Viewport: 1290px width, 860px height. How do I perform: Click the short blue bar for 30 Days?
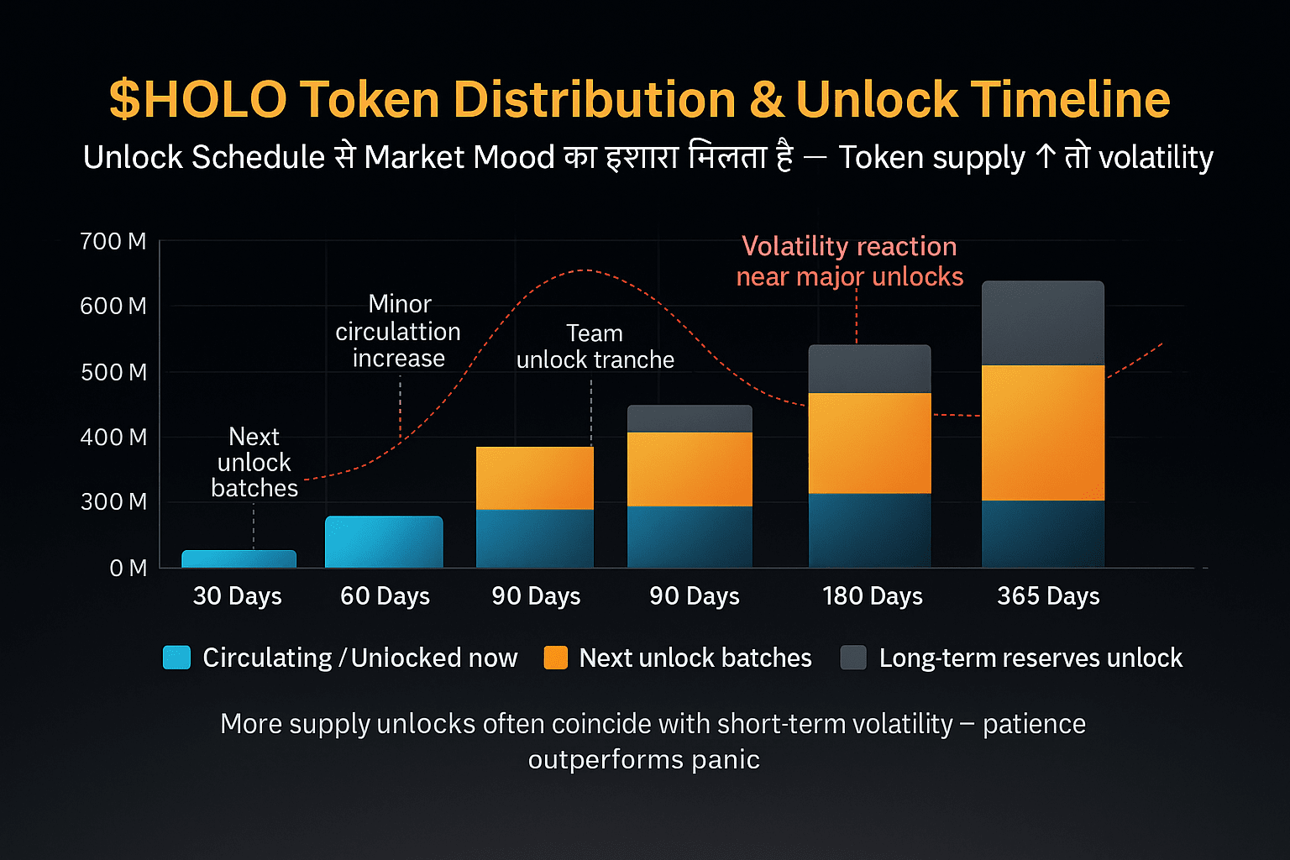point(239,558)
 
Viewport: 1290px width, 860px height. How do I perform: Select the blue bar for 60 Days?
point(384,542)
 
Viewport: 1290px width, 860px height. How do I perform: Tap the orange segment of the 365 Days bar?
point(1042,433)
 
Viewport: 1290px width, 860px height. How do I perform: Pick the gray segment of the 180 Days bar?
point(869,369)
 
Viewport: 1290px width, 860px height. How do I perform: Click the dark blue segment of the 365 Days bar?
point(1042,533)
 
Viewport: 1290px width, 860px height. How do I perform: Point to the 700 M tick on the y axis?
point(113,242)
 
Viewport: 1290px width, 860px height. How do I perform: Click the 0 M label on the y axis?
point(128,569)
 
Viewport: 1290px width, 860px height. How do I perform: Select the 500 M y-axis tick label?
point(113,372)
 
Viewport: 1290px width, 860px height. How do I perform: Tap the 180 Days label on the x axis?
point(872,596)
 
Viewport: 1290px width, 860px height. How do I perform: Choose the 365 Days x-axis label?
point(1048,596)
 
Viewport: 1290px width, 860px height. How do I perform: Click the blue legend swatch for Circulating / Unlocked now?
point(176,658)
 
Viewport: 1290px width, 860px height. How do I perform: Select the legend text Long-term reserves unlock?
point(1030,658)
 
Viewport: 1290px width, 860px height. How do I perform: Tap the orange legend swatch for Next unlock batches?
point(556,658)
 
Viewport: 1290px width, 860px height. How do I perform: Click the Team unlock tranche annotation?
point(595,347)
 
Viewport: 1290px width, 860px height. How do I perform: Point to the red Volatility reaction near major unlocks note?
point(849,261)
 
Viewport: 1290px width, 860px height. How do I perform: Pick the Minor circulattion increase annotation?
point(398,331)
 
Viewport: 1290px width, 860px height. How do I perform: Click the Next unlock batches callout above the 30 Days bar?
point(254,462)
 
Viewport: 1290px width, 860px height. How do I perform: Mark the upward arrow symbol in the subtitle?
point(1045,157)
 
